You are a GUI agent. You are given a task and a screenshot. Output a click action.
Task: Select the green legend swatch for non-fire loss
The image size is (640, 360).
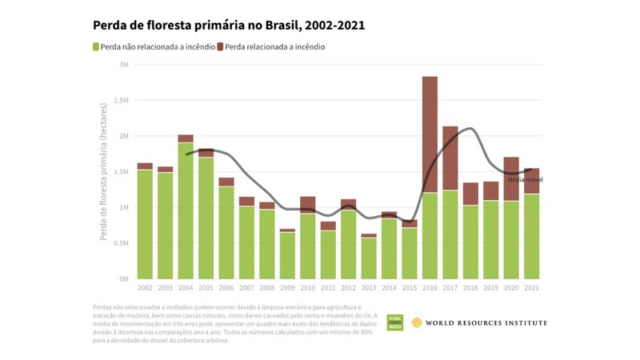pyautogui.click(x=97, y=47)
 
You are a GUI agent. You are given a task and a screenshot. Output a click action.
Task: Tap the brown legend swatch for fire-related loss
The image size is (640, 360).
pyautogui.click(x=221, y=47)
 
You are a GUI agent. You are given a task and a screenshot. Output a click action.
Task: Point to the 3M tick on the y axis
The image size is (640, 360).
pyautogui.click(x=124, y=65)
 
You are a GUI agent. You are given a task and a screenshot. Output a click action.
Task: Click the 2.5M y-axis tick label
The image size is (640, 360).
pyautogui.click(x=121, y=101)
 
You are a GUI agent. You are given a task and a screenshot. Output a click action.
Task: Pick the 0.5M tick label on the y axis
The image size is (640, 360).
pyautogui.click(x=121, y=243)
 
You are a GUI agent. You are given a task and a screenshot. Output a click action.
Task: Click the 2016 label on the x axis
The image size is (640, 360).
pyautogui.click(x=430, y=287)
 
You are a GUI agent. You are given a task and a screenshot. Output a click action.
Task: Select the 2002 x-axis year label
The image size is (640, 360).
pyautogui.click(x=145, y=287)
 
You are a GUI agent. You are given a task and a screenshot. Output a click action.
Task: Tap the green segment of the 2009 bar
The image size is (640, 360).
pyautogui.click(x=287, y=255)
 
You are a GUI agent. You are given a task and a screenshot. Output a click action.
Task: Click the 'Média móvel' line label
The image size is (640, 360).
pyautogui.click(x=525, y=179)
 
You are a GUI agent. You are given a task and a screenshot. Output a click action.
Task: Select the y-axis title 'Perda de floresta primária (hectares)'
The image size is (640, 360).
pyautogui.click(x=106, y=172)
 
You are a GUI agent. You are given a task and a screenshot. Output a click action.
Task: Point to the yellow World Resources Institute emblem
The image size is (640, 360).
pyautogui.click(x=417, y=322)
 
